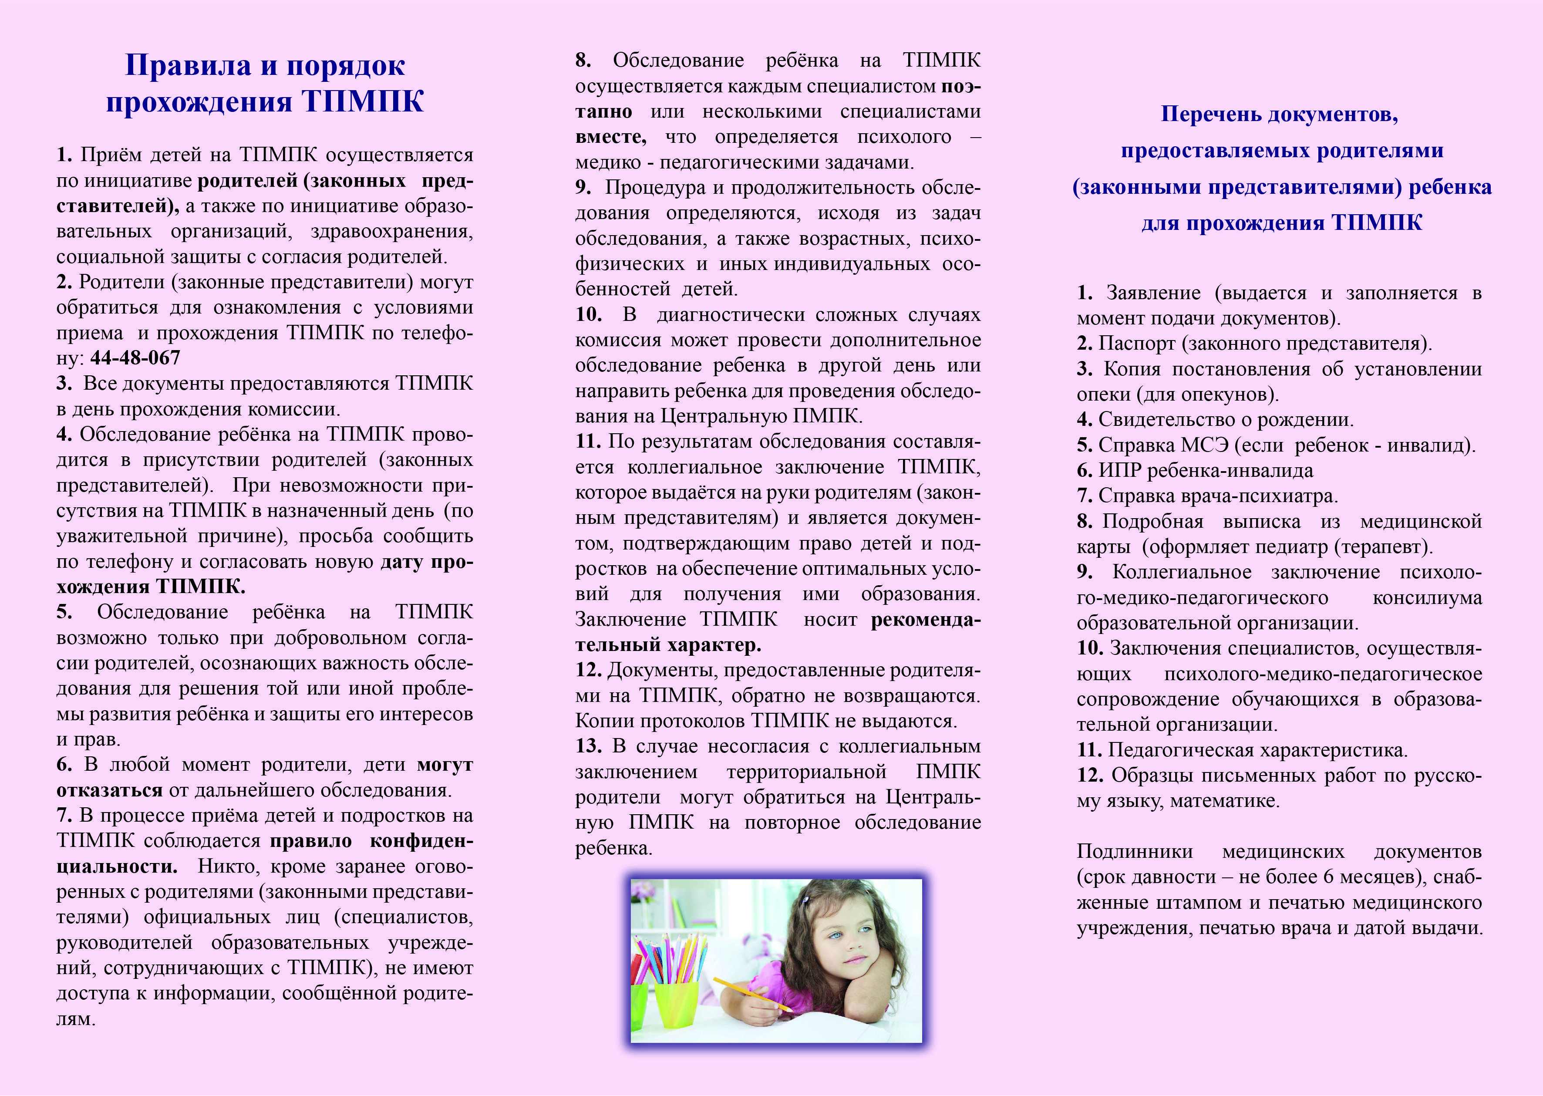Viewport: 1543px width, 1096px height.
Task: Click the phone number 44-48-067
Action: click(x=135, y=357)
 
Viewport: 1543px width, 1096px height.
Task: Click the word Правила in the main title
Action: click(x=188, y=65)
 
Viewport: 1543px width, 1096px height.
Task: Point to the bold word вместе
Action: click(x=610, y=137)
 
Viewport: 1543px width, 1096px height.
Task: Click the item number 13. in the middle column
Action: click(x=588, y=746)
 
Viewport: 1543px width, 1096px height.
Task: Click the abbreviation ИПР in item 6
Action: click(x=1121, y=470)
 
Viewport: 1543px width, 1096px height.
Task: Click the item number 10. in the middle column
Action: click(x=588, y=314)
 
